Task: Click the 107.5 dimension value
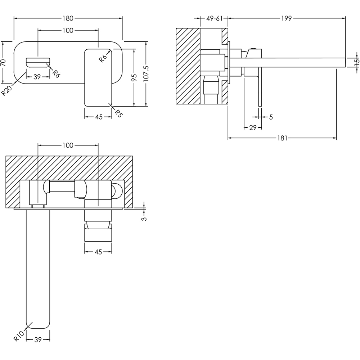[x=146, y=73]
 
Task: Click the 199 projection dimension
[x=286, y=18]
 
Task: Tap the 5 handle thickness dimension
[x=271, y=117]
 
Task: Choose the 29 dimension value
[x=253, y=127]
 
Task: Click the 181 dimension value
[x=282, y=138]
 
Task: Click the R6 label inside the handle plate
[x=103, y=58]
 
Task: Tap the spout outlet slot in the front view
[x=38, y=62]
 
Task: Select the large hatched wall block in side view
[x=188, y=66]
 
